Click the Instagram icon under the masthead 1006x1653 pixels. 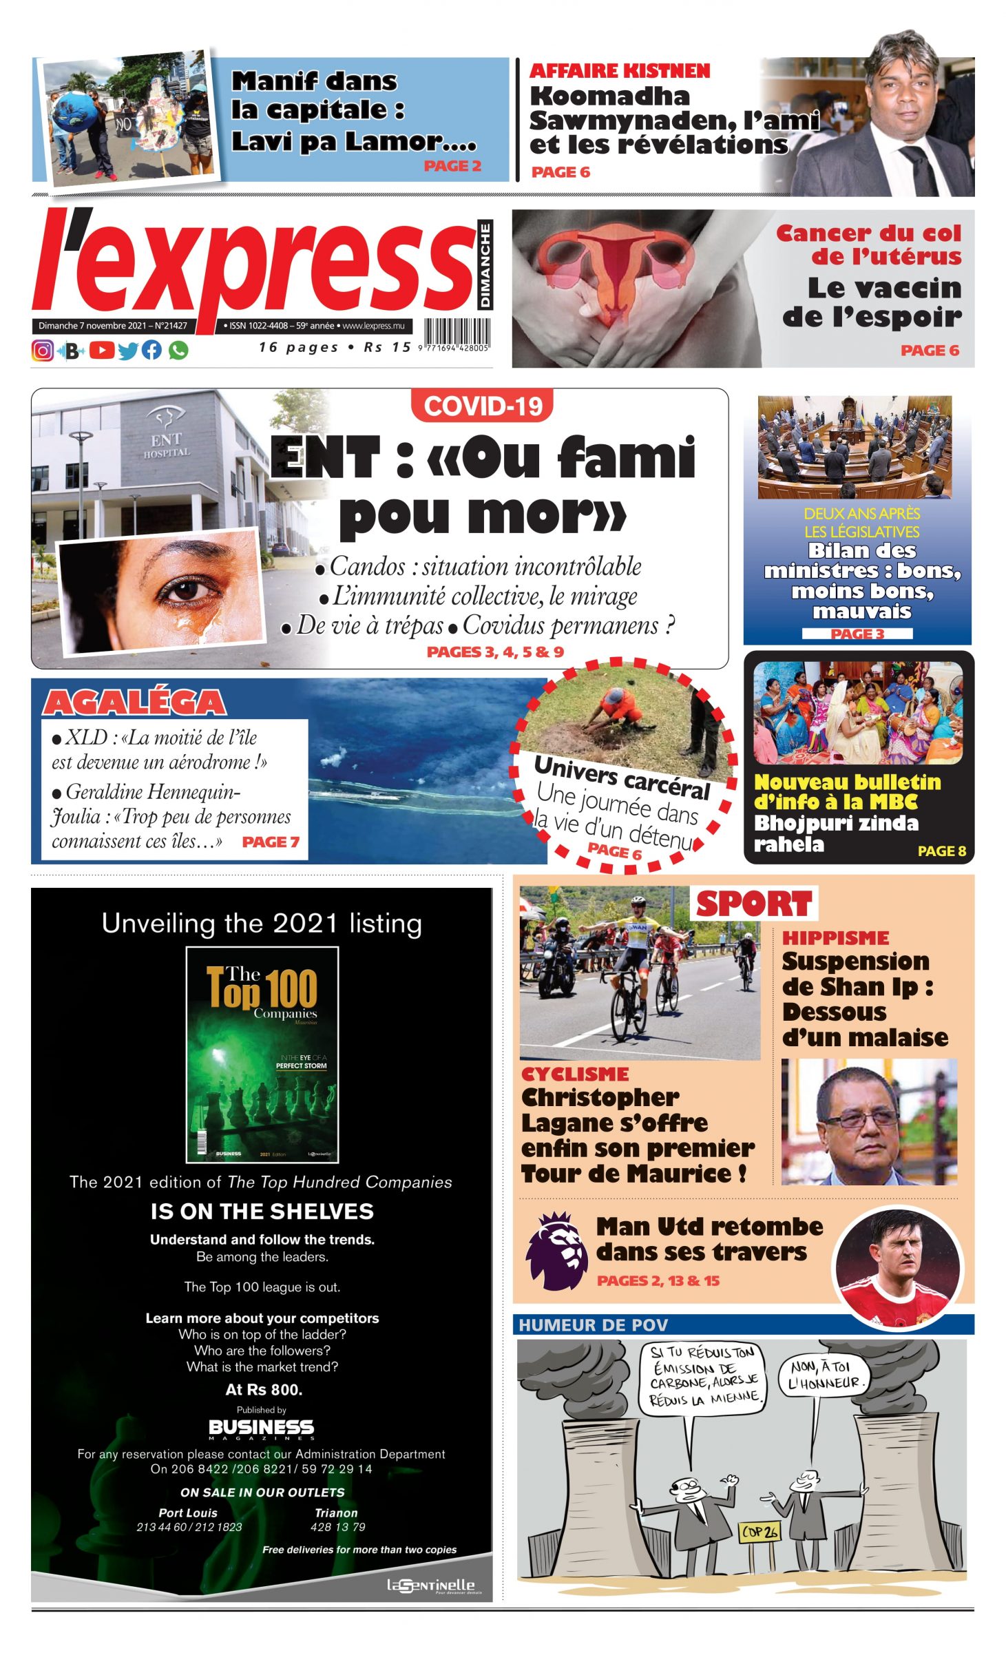pyautogui.click(x=42, y=350)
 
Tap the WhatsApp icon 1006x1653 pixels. pyautogui.click(x=178, y=350)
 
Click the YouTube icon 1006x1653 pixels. pyautogui.click(x=101, y=350)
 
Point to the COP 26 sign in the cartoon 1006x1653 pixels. pyautogui.click(x=759, y=1532)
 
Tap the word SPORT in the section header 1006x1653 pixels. pyautogui.click(x=753, y=904)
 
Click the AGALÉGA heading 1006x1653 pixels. pyautogui.click(x=134, y=702)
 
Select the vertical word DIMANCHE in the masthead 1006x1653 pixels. pyautogui.click(x=485, y=264)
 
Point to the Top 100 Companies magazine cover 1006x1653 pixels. pyautogui.click(x=262, y=1054)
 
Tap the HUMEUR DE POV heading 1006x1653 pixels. pyautogui.click(x=593, y=1325)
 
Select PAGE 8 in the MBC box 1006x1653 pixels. pyautogui.click(x=941, y=851)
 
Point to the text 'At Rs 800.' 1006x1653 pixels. pyautogui.click(x=263, y=1389)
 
